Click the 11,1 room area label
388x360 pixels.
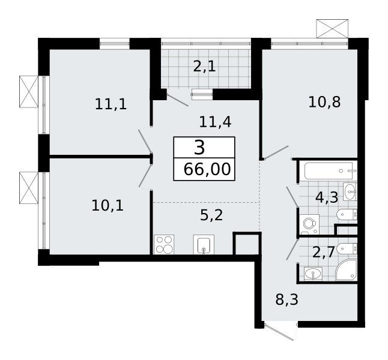point(111,104)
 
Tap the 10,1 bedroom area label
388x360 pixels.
point(108,206)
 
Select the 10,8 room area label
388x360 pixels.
point(324,102)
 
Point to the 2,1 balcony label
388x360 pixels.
point(204,66)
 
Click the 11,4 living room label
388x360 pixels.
point(215,122)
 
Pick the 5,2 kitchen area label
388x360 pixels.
point(211,215)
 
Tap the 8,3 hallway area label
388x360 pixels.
point(286,299)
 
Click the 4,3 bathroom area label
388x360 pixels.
point(327,197)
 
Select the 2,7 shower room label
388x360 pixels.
point(324,252)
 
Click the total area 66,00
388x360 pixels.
point(207,170)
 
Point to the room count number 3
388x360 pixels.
point(199,148)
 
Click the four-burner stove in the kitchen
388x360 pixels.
point(164,245)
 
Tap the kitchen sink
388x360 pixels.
point(204,245)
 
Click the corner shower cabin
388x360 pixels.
point(346,270)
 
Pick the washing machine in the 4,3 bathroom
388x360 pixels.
point(309,224)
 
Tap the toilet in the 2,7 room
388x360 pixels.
point(347,248)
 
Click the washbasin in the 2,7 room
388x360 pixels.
point(313,274)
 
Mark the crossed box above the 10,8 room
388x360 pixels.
point(332,29)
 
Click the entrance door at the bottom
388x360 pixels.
point(279,331)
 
